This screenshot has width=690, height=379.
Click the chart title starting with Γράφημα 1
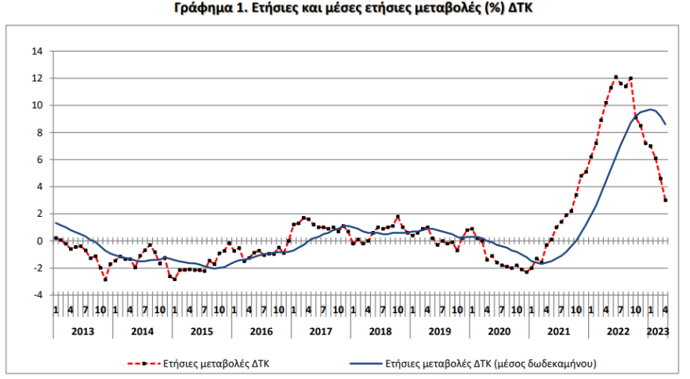(345, 10)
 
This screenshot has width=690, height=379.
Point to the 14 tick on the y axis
(37, 52)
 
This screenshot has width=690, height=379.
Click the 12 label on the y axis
(37, 78)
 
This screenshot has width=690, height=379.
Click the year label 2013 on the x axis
(82, 331)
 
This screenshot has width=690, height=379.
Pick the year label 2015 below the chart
(201, 331)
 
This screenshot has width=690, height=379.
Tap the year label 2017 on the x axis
(320, 331)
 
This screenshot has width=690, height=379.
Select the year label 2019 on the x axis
(439, 331)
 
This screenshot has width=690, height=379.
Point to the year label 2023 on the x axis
(657, 331)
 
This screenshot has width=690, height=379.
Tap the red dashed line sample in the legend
(143, 363)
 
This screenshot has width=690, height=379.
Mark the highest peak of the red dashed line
(616, 78)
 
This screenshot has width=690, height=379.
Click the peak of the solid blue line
(651, 110)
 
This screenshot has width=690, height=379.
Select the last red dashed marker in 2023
(666, 200)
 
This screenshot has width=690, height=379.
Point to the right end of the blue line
(666, 124)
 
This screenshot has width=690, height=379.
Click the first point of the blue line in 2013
(55, 223)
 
